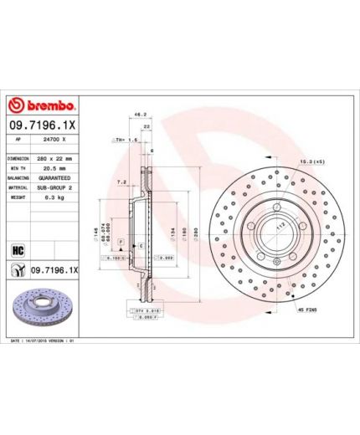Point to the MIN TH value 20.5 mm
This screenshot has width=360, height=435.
(53, 168)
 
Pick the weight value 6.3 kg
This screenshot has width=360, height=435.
(51, 199)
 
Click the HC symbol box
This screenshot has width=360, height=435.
(17, 248)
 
